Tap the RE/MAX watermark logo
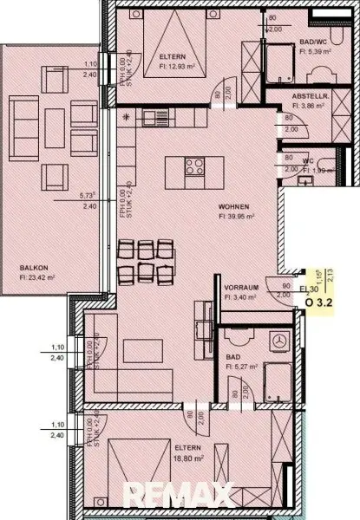[x=178, y=496]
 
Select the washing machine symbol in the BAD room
[x=280, y=341]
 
